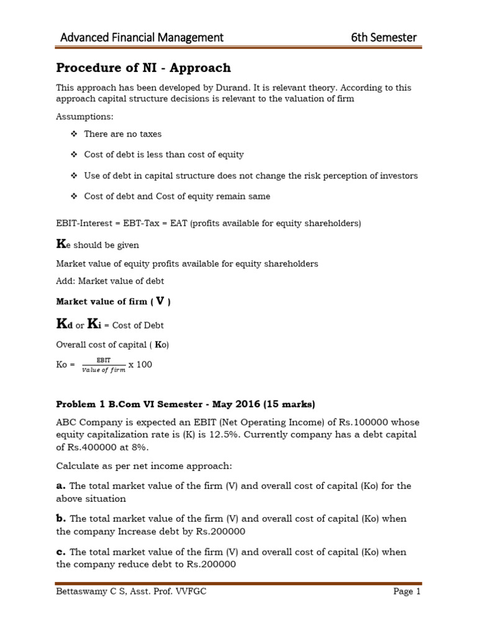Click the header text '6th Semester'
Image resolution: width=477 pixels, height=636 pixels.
click(383, 37)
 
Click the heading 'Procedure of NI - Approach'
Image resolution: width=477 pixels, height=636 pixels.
click(143, 68)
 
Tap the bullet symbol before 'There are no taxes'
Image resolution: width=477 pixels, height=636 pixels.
click(73, 134)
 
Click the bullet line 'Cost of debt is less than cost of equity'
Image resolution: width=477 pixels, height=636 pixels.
click(164, 154)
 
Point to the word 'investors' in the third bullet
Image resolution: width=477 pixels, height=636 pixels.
click(397, 176)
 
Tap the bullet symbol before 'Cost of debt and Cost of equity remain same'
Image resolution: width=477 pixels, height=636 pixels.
click(73, 196)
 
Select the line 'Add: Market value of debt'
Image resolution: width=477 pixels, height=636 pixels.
click(110, 281)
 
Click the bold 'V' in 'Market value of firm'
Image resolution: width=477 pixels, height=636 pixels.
click(160, 301)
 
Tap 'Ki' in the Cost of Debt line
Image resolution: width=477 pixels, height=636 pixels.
click(94, 324)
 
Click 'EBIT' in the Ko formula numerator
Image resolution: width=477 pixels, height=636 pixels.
click(103, 360)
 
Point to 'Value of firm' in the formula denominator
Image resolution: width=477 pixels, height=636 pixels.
click(103, 370)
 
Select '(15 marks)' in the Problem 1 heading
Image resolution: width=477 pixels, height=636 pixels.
click(288, 404)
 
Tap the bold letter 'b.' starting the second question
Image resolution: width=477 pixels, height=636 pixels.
click(61, 518)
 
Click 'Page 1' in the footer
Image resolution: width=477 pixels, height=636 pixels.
click(407, 592)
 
